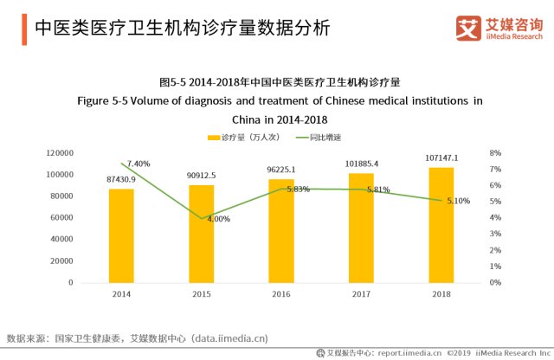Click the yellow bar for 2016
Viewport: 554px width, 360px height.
pos(281,230)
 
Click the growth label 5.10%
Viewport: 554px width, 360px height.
pos(458,201)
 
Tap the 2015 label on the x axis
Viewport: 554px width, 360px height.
pos(201,295)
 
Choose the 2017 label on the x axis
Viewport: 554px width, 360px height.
pos(361,295)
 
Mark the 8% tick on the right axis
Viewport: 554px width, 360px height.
pos(495,153)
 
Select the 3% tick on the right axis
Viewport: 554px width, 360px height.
pos(495,234)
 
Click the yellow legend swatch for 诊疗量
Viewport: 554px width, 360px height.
pos(214,138)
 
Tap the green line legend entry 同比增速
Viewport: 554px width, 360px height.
pos(319,138)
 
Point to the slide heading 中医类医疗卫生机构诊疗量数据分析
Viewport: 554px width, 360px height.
pos(182,28)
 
